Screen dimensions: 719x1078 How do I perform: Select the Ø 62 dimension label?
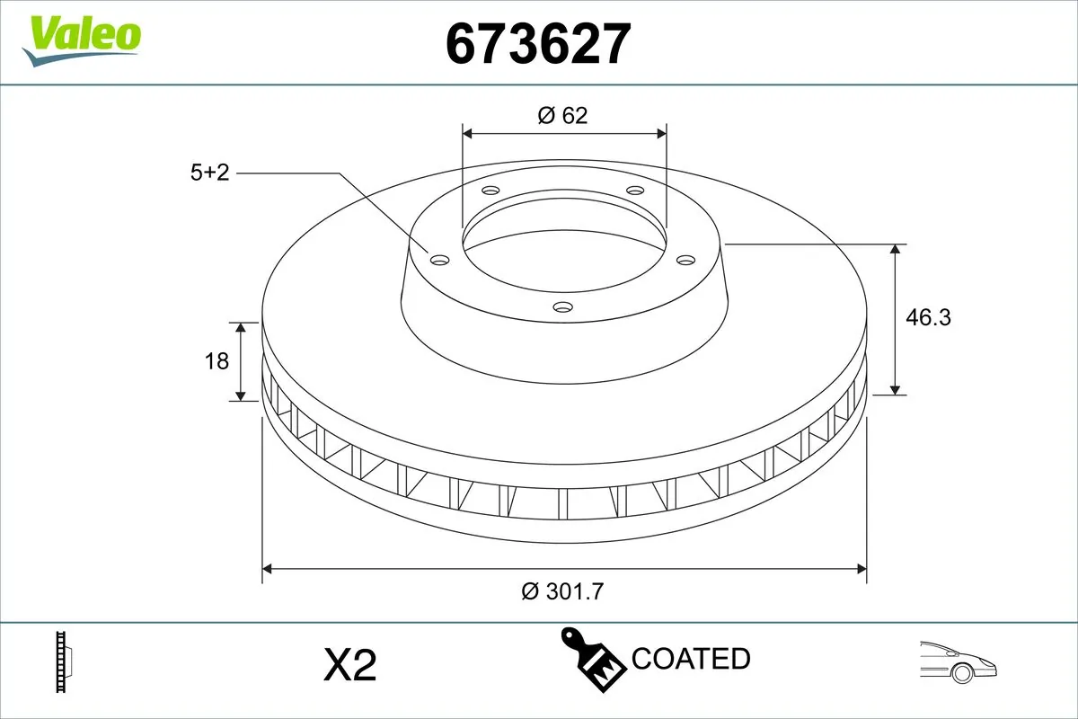click(563, 115)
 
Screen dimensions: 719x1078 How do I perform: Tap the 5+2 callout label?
click(209, 173)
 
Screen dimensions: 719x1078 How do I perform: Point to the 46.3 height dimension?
click(928, 317)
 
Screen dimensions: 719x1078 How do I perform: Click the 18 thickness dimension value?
click(217, 361)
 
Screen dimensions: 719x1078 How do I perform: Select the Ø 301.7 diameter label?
click(563, 591)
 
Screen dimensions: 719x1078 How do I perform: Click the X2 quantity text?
click(349, 666)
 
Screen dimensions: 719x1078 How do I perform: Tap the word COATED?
click(691, 659)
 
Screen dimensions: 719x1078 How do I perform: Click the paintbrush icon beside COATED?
click(593, 658)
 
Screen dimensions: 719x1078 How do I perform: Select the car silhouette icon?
click(959, 661)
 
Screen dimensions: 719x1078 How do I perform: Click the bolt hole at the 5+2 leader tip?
click(439, 260)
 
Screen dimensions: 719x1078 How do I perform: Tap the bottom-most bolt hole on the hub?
click(563, 307)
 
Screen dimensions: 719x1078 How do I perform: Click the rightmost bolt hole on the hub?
click(686, 260)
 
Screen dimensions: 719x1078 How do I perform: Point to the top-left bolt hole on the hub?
click(490, 191)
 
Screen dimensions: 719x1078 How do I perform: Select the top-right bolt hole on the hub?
click(636, 191)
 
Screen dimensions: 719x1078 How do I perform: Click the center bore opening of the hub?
click(564, 238)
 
